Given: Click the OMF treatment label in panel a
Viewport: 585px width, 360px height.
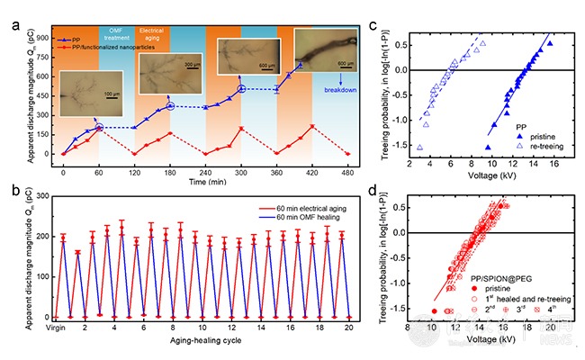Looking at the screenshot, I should [x=143, y=33].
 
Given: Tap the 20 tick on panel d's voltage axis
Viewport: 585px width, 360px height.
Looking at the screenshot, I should [x=552, y=329].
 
